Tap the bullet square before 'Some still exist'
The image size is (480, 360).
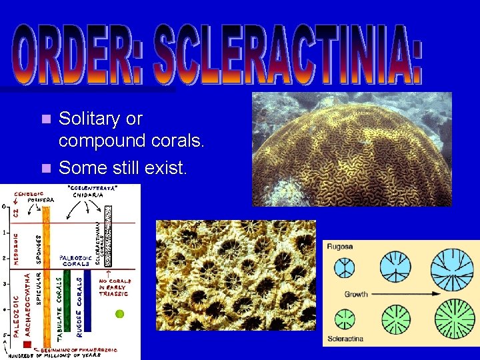(45, 167)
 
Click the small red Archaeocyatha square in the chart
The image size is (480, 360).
(27, 345)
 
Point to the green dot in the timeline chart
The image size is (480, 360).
(120, 313)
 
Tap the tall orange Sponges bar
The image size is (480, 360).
(46, 267)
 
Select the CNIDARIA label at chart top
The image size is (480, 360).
(87, 195)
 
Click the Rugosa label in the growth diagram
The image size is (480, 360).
(341, 247)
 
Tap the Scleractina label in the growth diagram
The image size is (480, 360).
(345, 339)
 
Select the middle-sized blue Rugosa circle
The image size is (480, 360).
(395, 267)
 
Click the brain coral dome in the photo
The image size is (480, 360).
(353, 153)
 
